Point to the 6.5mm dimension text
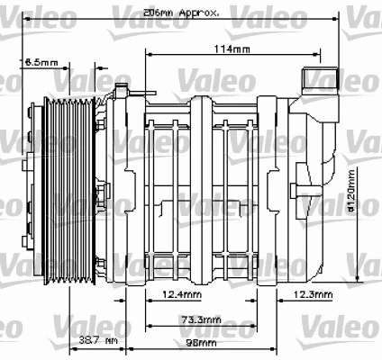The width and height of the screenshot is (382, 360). (41, 62)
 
